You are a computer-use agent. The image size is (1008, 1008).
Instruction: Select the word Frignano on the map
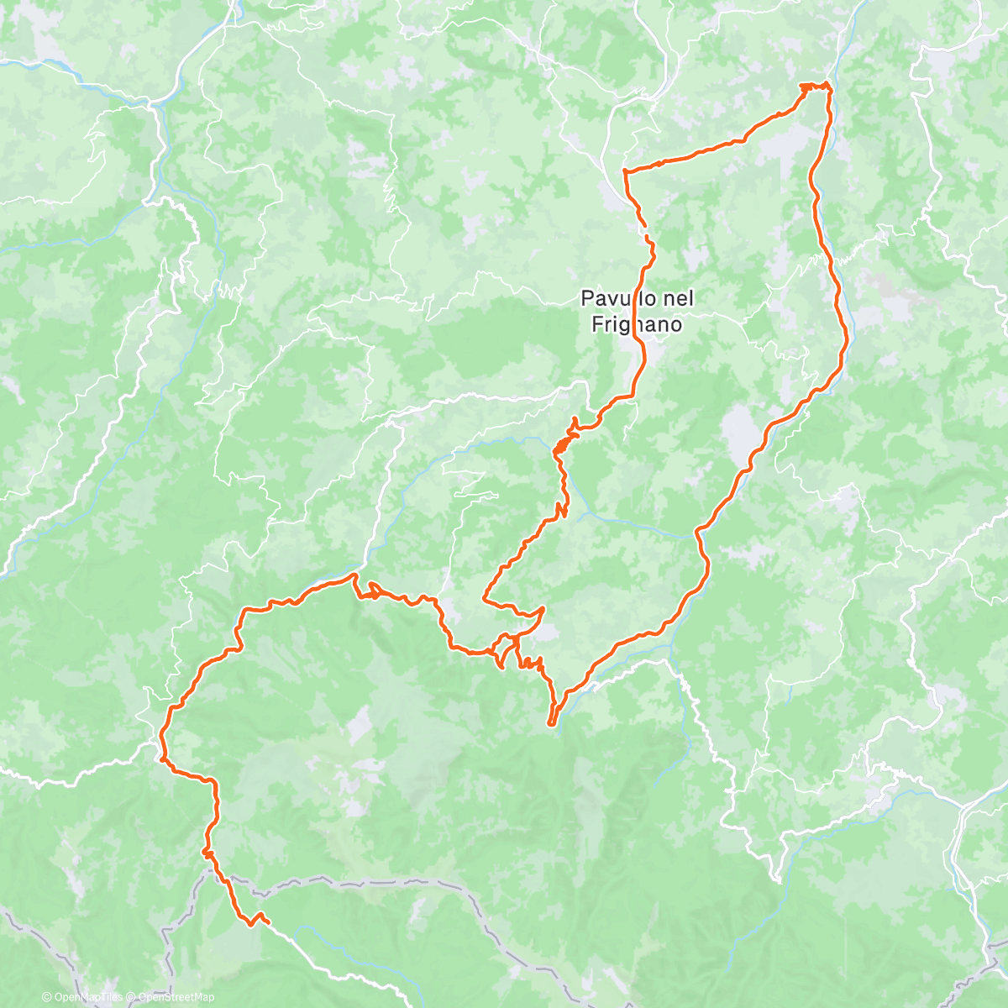tap(634, 324)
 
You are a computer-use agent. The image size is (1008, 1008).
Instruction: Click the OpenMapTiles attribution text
tap(87, 997)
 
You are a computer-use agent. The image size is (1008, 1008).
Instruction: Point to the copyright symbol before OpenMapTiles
tap(47, 997)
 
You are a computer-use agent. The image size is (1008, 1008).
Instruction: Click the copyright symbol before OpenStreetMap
tap(133, 997)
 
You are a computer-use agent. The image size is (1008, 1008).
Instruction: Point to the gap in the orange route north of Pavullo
tap(647, 233)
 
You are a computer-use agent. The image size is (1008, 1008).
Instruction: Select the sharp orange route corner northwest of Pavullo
tap(625, 171)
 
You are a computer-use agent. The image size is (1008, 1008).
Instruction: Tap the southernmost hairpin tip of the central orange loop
tap(552, 722)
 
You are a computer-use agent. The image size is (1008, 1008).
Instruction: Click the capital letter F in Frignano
tap(598, 324)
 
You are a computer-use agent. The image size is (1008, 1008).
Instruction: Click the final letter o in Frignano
tap(675, 324)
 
